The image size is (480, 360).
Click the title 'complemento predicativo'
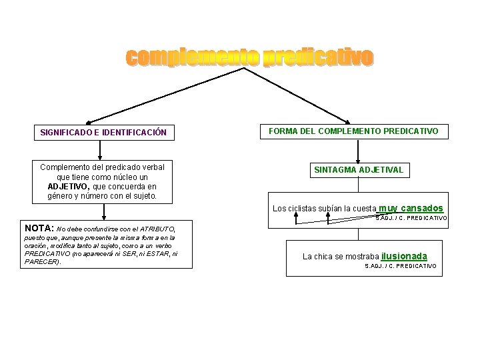(x=249, y=59)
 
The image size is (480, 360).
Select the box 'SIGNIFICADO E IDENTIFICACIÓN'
(x=103, y=133)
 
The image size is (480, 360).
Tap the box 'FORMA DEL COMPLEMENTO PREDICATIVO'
(x=353, y=131)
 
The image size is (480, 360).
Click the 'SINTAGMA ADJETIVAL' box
(x=359, y=170)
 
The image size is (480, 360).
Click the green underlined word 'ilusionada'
(x=405, y=256)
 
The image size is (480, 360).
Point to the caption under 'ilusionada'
(x=401, y=266)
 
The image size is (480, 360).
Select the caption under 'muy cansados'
(x=412, y=218)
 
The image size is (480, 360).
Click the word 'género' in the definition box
(x=62, y=196)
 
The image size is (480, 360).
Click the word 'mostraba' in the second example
(x=363, y=257)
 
